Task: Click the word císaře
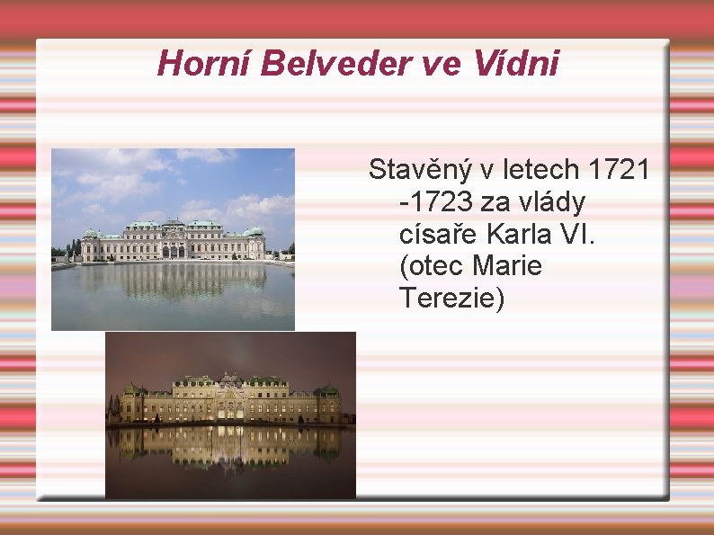pyautogui.click(x=438, y=234)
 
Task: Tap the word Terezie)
pyautogui.click(x=451, y=299)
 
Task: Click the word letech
pyautogui.click(x=537, y=169)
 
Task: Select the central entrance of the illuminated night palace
pyautogui.click(x=229, y=410)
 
